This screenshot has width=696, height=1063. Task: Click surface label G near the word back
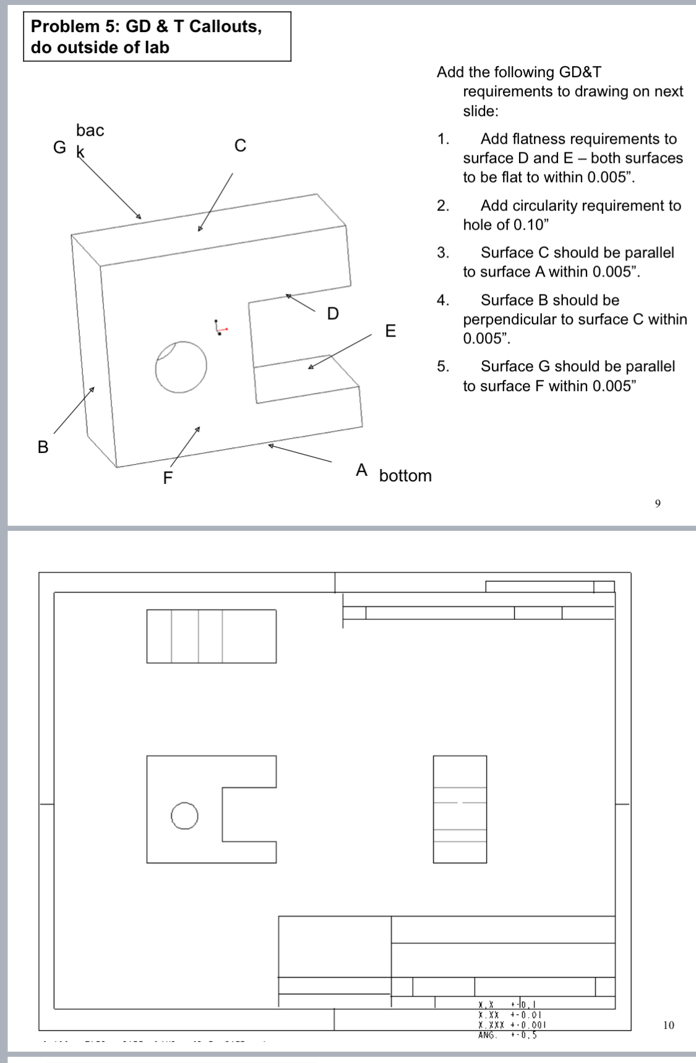tap(59, 147)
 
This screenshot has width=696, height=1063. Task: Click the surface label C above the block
tap(240, 145)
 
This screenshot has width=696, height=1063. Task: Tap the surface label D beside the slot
tap(333, 314)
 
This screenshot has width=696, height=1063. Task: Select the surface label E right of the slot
tap(390, 330)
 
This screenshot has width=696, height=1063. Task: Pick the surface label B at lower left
tap(43, 447)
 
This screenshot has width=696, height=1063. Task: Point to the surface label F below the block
tap(167, 478)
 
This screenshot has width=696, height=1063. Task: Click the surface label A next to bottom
tap(362, 471)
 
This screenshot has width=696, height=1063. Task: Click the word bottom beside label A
tap(405, 476)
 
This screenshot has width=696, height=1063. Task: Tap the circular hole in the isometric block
tap(181, 366)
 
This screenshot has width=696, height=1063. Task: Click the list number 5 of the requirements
tap(442, 366)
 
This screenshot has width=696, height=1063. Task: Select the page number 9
tap(658, 504)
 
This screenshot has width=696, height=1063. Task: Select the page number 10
tap(668, 1025)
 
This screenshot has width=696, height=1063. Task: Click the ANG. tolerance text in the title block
tap(488, 1035)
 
